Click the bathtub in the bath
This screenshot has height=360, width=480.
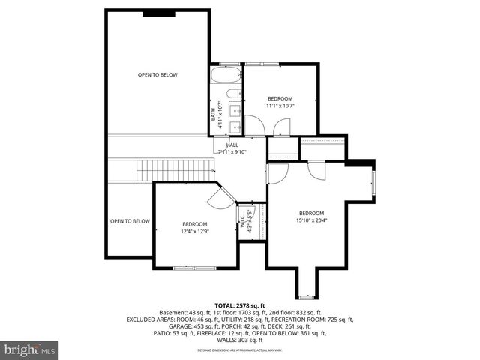coord(225,75)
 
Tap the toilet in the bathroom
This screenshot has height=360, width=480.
coord(233,94)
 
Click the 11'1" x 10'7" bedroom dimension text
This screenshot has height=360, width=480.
coord(280,106)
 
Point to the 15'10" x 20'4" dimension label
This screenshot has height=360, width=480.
coord(311,220)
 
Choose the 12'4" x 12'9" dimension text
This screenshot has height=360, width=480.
coord(194,232)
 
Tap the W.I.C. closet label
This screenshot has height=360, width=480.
coord(242,220)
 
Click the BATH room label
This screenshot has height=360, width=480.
coord(213,115)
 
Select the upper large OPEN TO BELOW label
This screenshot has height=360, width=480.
coord(157,74)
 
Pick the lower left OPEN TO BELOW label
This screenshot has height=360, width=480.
coord(130,221)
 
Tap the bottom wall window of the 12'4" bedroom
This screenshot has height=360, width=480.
coord(194,268)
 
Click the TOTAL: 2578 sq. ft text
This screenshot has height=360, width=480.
coord(240,306)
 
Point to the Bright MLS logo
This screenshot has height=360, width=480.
coord(30,349)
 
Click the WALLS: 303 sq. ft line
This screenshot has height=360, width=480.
coord(240,339)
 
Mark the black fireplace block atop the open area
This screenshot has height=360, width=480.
coord(157,12)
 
